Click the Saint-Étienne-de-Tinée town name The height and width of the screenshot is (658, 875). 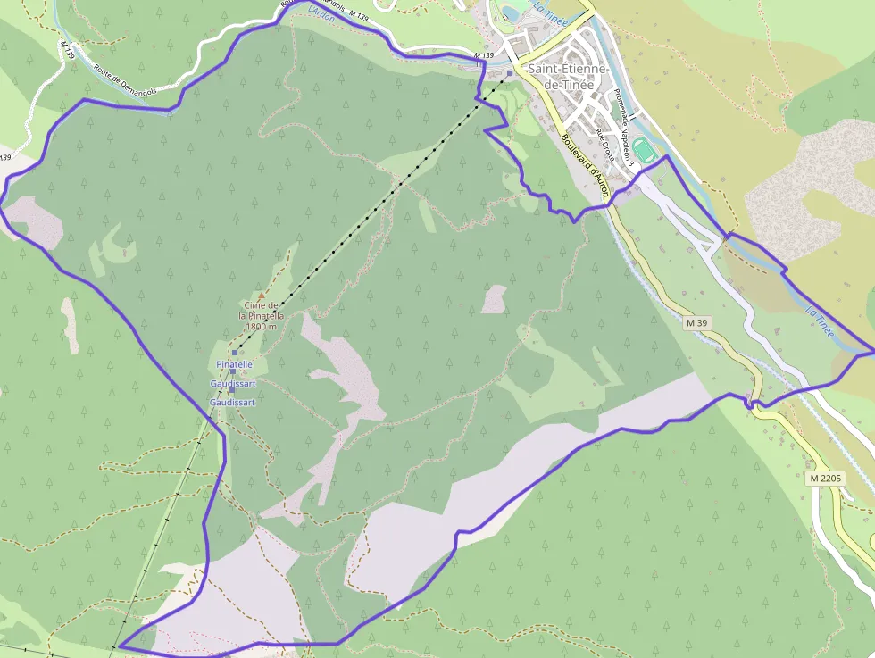tap(568, 76)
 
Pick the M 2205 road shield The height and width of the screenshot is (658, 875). tap(826, 479)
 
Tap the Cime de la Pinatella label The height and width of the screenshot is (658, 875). tap(262, 310)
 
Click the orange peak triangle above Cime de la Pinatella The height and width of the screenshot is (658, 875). tap(262, 296)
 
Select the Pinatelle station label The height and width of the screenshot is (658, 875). tap(235, 364)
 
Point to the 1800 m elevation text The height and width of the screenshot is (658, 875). tap(261, 327)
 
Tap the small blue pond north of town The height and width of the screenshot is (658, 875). tap(512, 12)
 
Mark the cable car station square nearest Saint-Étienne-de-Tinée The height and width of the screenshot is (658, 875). tap(509, 73)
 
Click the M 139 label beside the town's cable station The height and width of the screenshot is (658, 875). tap(483, 55)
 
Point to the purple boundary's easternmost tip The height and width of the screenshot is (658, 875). tap(872, 352)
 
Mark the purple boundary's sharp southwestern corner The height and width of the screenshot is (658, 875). tap(120, 646)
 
